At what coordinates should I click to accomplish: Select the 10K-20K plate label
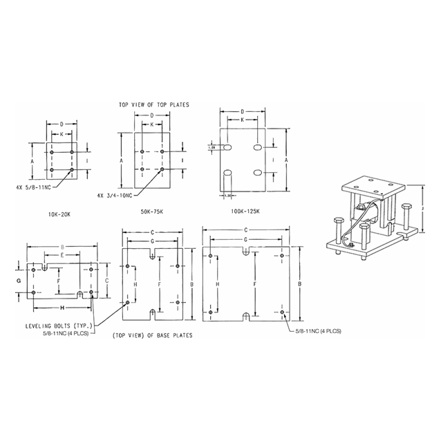click(x=61, y=214)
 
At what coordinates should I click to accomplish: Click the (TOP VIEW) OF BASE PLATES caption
click(x=151, y=335)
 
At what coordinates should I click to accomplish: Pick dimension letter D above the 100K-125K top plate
click(x=243, y=111)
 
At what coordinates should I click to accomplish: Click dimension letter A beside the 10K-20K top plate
click(x=32, y=160)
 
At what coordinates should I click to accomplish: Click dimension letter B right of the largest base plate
click(x=298, y=283)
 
